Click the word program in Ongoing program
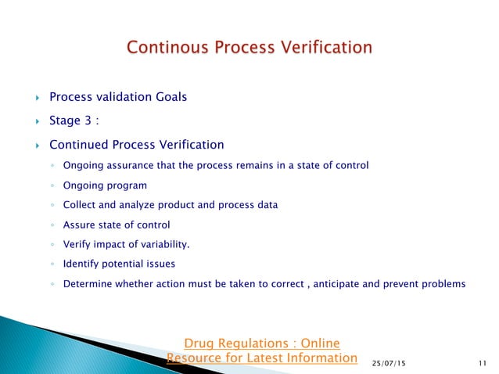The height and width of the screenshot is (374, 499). [x=126, y=185]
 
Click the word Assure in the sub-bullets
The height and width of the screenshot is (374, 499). [x=78, y=225]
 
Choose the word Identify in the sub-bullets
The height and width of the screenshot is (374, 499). [x=81, y=264]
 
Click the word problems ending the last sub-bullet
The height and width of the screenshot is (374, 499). [x=443, y=284]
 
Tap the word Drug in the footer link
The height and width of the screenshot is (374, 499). [x=196, y=343]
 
